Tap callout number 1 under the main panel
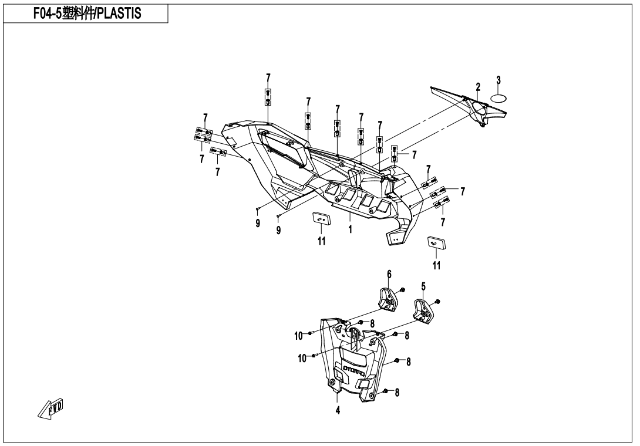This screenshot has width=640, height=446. pyautogui.click(x=350, y=229)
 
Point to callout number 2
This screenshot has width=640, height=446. pyautogui.click(x=478, y=87)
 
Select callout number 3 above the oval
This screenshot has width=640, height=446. pyautogui.click(x=498, y=80)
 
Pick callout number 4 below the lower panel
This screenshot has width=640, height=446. pyautogui.click(x=338, y=410)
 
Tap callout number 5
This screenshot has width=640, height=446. pyautogui.click(x=423, y=286)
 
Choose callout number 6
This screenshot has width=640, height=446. pyautogui.click(x=388, y=275)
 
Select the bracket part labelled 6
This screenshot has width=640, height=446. pyautogui.click(x=387, y=298)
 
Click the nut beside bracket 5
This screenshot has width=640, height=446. pyautogui.click(x=439, y=302)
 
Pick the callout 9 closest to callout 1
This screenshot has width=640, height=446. pyautogui.click(x=278, y=231)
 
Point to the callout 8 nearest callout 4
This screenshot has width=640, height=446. pyautogui.click(x=397, y=393)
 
